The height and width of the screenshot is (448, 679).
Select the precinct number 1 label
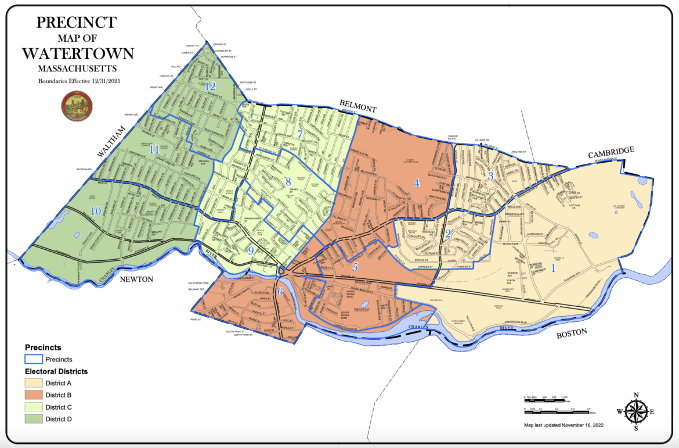tap(553, 268)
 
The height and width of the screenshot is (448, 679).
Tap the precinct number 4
tap(417, 182)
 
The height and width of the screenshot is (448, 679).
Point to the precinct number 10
tap(95, 210)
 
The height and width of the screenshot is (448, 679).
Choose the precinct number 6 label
tap(280, 292)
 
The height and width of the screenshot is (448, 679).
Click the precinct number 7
tap(300, 134)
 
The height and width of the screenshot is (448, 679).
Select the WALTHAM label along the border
tap(112, 141)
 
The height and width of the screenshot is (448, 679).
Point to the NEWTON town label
tap(136, 279)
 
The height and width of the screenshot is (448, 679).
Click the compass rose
tap(636, 412)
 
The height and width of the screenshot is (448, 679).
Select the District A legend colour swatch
tap(33, 383)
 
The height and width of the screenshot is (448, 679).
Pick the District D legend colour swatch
tap(33, 418)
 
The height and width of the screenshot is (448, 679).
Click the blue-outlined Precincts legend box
tap(33, 359)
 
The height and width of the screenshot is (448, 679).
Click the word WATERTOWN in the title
tap(78, 53)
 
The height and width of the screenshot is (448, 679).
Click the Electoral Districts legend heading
tap(56, 371)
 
